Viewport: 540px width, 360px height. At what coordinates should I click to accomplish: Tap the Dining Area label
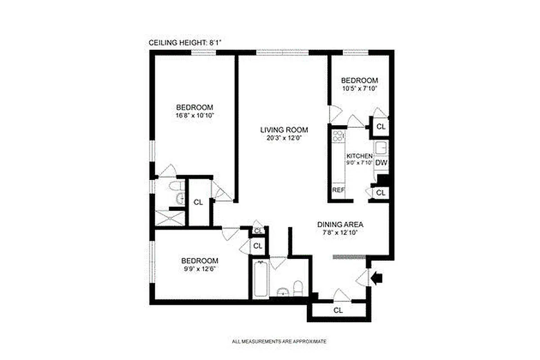[x=340, y=225]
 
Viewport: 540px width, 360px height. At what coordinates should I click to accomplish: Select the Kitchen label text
[x=359, y=156]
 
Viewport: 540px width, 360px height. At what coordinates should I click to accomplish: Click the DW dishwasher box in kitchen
[x=381, y=163]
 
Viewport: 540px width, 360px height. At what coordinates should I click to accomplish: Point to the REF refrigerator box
[x=338, y=190]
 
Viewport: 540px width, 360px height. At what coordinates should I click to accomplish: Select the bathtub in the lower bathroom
[x=260, y=279]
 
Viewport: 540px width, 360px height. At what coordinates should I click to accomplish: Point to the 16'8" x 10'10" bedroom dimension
[x=194, y=116]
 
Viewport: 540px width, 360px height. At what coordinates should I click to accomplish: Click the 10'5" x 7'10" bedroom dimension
[x=359, y=88]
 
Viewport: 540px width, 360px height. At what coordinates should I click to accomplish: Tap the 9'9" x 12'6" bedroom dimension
[x=200, y=269]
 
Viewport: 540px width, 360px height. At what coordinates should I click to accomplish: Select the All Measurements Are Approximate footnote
[x=279, y=342]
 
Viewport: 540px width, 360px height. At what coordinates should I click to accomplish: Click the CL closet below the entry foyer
[x=338, y=310]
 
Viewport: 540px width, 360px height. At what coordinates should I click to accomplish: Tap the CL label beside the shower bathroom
[x=198, y=202]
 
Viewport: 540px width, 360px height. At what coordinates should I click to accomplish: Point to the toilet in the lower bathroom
[x=297, y=288]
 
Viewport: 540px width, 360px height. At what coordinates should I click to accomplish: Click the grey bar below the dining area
[x=349, y=257]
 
